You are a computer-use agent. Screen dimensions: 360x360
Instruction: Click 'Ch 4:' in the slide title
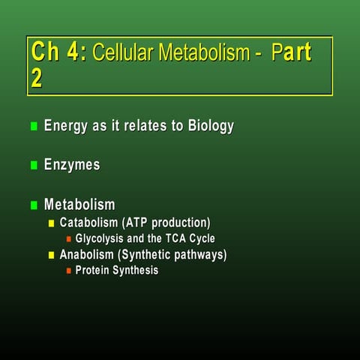pyautogui.click(x=59, y=53)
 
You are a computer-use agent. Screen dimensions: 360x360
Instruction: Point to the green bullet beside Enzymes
pyautogui.click(x=33, y=166)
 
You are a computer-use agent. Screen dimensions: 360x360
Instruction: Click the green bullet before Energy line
pyautogui.click(x=33, y=126)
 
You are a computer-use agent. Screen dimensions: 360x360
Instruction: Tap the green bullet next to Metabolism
pyautogui.click(x=33, y=205)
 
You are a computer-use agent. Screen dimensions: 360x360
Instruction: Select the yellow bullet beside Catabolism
pyautogui.click(x=52, y=223)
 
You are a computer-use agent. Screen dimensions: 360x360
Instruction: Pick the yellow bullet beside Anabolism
pyautogui.click(x=52, y=255)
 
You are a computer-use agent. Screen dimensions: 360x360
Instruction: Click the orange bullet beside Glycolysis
pyautogui.click(x=68, y=239)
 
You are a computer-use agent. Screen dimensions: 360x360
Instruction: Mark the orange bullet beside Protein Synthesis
pyautogui.click(x=68, y=271)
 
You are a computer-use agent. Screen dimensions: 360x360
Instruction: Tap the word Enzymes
pyautogui.click(x=72, y=165)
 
